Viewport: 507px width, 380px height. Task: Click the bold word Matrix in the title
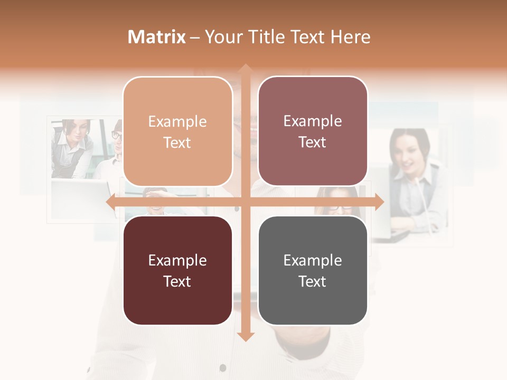(157, 37)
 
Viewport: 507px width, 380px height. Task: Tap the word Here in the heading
(351, 37)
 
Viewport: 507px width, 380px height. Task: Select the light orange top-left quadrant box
(177, 131)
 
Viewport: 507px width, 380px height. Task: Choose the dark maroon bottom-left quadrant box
(177, 270)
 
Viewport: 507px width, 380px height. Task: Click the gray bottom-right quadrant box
(313, 270)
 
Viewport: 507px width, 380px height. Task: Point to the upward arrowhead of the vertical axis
(245, 69)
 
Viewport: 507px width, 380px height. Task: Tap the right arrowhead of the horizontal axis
(379, 202)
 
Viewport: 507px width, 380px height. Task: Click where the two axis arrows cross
(245, 202)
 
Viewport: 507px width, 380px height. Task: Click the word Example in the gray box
(313, 260)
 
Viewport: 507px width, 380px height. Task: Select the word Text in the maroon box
(177, 281)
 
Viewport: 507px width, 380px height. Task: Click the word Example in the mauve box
(313, 121)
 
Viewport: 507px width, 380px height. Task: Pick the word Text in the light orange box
(177, 142)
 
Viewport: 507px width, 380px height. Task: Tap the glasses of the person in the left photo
(116, 135)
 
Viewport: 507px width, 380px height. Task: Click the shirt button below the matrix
(222, 367)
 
